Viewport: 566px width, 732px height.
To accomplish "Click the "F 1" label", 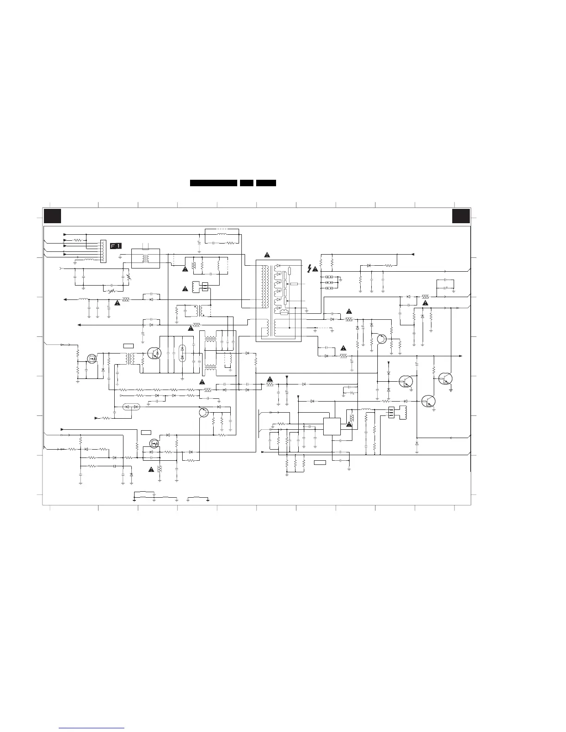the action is click(x=116, y=245).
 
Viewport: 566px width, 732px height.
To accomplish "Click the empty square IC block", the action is click(x=332, y=427).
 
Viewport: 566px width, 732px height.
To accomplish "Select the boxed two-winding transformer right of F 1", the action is click(x=146, y=258).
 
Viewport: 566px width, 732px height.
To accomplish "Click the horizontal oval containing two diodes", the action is click(x=130, y=407).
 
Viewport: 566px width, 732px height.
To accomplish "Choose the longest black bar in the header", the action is click(x=214, y=183).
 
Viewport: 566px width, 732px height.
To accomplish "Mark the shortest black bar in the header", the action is click(x=246, y=183).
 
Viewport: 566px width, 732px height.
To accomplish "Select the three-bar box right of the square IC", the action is click(x=391, y=412).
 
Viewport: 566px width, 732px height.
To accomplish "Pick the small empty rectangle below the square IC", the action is click(x=320, y=462).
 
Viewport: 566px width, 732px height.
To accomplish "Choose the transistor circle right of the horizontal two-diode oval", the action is click(x=203, y=413).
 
